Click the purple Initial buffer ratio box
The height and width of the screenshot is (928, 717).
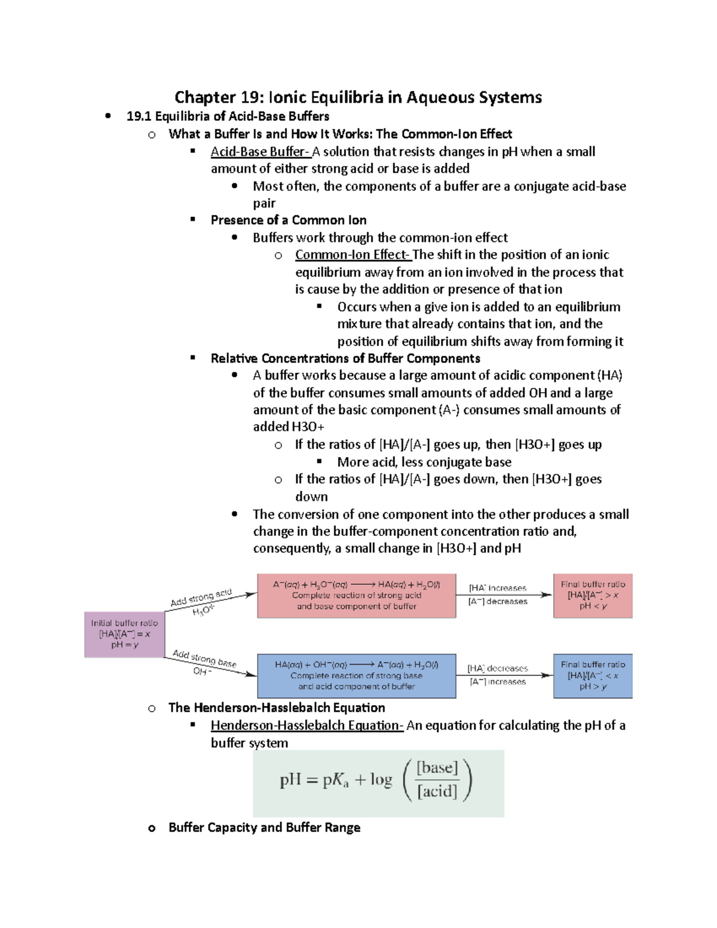coord(124,634)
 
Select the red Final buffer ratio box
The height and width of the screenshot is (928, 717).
coord(593,596)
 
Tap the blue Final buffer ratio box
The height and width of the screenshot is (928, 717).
coord(593,676)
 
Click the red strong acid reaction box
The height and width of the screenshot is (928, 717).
coord(356,596)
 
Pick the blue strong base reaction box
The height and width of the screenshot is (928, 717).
coord(356,676)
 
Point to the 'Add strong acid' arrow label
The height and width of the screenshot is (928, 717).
coord(201,598)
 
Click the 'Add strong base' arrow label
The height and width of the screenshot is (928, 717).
coord(204,659)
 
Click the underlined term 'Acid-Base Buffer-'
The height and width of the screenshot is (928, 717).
coord(260,152)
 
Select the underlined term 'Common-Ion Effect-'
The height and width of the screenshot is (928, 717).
coord(353,255)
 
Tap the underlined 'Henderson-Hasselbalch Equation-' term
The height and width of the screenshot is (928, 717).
coord(307,725)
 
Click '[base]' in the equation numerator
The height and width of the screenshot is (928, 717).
coord(437,768)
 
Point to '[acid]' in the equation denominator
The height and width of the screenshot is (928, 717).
coord(437,792)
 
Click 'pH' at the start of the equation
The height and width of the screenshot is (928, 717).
coord(290,780)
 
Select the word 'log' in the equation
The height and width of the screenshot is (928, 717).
coord(381,780)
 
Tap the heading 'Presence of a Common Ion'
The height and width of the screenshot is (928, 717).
coord(289,220)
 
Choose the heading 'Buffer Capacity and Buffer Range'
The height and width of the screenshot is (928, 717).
coord(264,828)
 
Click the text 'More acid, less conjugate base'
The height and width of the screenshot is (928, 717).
coord(424,462)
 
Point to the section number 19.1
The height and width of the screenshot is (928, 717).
coord(139,117)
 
